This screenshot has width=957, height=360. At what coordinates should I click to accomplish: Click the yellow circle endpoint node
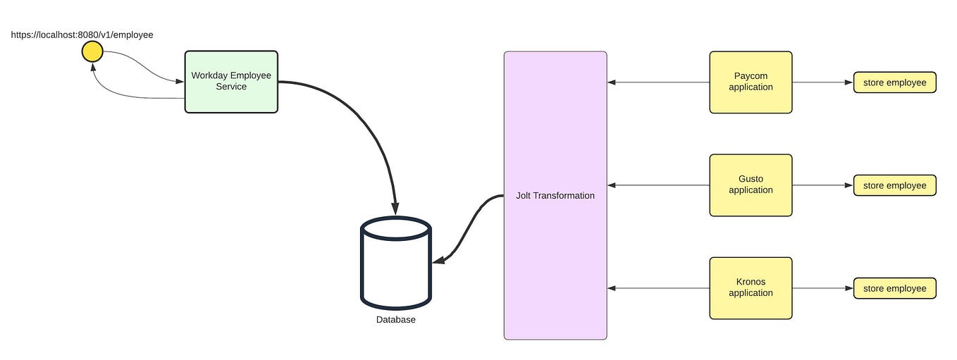(92, 51)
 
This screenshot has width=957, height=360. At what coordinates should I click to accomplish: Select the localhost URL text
(82, 34)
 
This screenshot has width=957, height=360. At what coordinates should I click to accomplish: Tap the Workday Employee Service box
(231, 81)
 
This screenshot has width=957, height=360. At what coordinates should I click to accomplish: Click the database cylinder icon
(395, 263)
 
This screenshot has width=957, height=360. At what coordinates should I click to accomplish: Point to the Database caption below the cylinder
(395, 320)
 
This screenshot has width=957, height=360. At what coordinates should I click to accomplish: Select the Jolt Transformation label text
(555, 196)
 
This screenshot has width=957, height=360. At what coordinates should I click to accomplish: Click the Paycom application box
(751, 82)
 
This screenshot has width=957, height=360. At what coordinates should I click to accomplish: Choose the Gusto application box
(751, 185)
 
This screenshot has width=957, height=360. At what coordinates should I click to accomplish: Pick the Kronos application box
(751, 287)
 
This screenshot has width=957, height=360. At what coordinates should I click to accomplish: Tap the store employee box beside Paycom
(894, 82)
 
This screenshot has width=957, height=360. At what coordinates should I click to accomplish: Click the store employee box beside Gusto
(894, 185)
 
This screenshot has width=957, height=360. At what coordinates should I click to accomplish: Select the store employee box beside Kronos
(894, 288)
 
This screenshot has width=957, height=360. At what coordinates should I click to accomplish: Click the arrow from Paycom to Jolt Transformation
(658, 82)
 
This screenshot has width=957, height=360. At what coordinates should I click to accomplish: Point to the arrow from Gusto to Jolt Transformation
(658, 185)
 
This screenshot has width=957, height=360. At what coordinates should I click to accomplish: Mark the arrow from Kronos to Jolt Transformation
(658, 288)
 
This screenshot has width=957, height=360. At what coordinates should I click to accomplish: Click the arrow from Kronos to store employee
(822, 288)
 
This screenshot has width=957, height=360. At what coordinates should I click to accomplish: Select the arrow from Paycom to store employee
(822, 82)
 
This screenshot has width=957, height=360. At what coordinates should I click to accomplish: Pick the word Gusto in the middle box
(751, 179)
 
